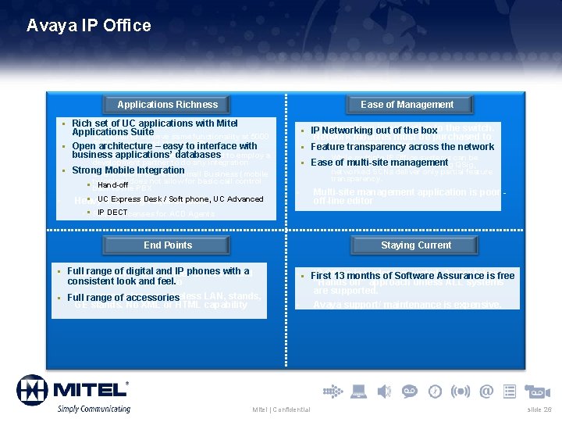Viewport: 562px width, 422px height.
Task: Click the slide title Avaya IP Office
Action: tap(88, 26)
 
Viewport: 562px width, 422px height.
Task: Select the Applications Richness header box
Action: tap(168, 105)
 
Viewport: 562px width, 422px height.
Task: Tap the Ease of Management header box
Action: tap(407, 105)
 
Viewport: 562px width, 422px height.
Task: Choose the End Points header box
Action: tap(168, 245)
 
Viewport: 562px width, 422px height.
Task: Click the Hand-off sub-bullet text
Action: tap(113, 185)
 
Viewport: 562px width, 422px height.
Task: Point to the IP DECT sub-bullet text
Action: tap(112, 213)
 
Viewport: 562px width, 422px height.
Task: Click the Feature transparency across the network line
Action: tap(402, 147)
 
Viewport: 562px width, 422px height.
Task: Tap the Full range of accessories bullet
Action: tap(123, 298)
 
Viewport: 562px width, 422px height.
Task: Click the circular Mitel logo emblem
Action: tap(32, 391)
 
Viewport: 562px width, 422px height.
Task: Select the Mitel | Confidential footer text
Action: tap(282, 410)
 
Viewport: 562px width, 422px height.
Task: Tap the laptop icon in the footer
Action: tap(359, 391)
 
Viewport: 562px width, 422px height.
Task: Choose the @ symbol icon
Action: tap(486, 391)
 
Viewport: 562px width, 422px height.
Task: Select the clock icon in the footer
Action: tap(436, 391)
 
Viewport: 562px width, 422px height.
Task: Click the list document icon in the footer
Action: tap(510, 391)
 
